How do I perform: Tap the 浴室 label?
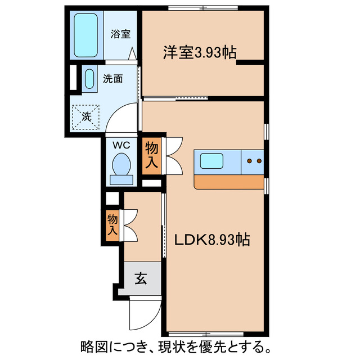tap(121, 33)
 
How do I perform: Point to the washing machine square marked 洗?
tap(86, 117)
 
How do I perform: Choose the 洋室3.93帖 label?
tap(199, 52)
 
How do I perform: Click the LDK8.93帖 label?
tap(211, 239)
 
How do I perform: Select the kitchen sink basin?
tap(217, 161)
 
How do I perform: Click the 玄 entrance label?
tap(141, 278)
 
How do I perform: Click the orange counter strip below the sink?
tap(228, 182)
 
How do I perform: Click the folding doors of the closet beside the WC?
tap(172, 155)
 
